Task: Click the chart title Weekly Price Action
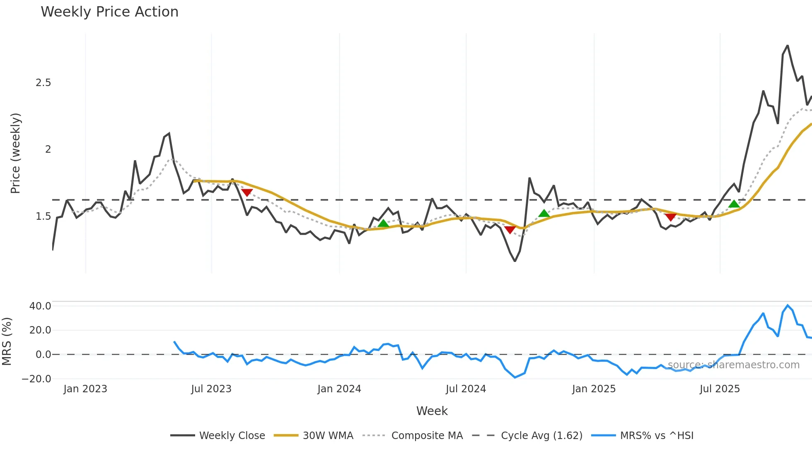[x=109, y=12]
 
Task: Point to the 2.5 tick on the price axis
[x=43, y=83]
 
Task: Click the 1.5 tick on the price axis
[x=43, y=216]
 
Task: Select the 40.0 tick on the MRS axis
[x=40, y=306]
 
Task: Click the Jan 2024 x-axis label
[x=339, y=389]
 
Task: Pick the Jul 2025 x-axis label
[x=720, y=389]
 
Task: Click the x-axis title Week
[x=432, y=411]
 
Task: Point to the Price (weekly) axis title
[x=15, y=153]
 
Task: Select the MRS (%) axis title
[x=7, y=341]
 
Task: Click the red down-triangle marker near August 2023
[x=247, y=192]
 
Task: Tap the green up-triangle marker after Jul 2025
[x=734, y=204]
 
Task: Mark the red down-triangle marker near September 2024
[x=510, y=230]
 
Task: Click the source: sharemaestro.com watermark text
[x=733, y=365]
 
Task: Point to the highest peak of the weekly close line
[x=788, y=46]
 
